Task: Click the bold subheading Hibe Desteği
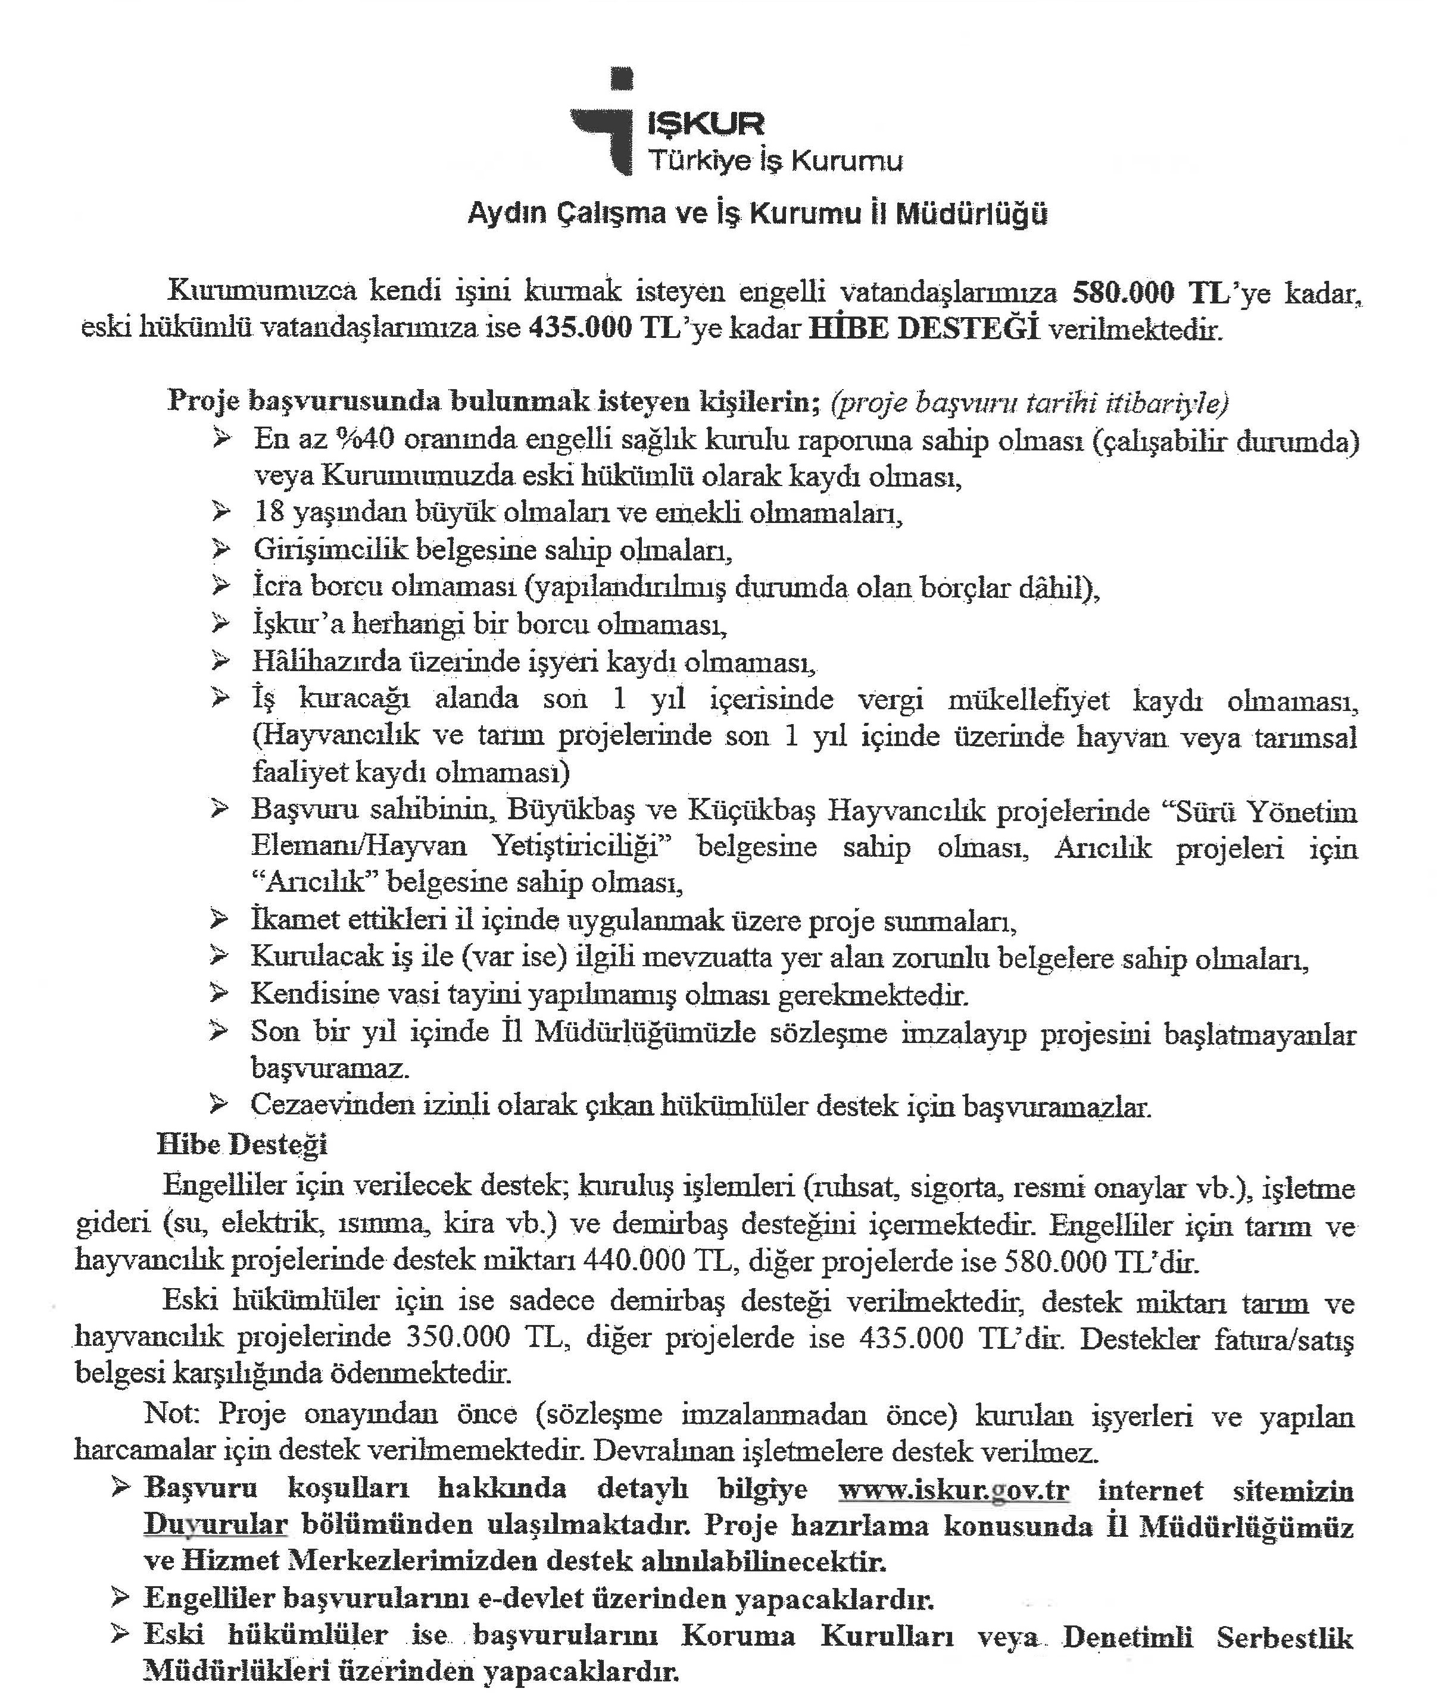click(242, 1145)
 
